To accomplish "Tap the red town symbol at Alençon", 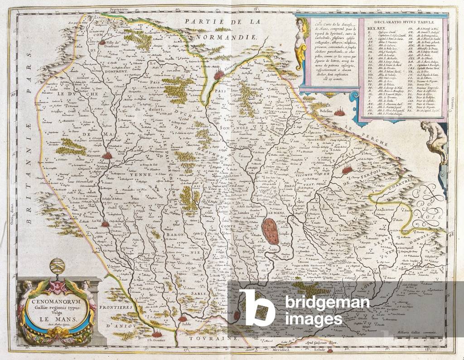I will tap(219, 73).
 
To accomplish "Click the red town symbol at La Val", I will tap(105, 223).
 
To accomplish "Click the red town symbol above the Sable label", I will tap(183, 318).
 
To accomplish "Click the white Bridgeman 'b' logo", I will tap(256, 308).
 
